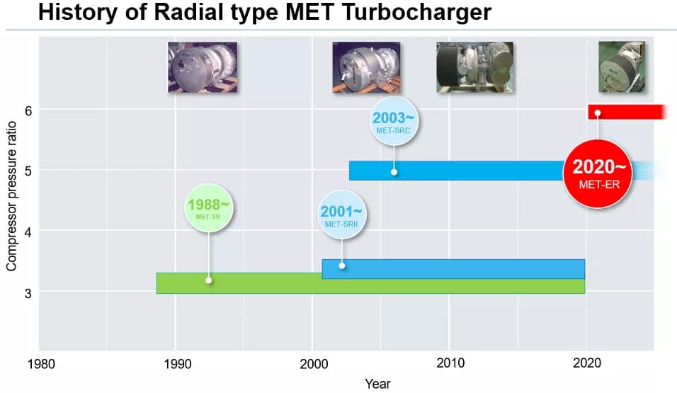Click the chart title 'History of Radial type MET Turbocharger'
pos(264,13)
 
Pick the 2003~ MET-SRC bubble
pos(394,122)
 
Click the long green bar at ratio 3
pos(283,285)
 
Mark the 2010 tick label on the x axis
pos(450,364)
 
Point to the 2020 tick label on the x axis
pos(586,364)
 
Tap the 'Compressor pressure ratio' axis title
pos(11,195)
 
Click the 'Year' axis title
pos(377,384)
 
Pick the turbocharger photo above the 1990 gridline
pos(203,67)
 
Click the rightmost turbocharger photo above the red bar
pos(621,67)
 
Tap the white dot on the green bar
pos(208,280)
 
